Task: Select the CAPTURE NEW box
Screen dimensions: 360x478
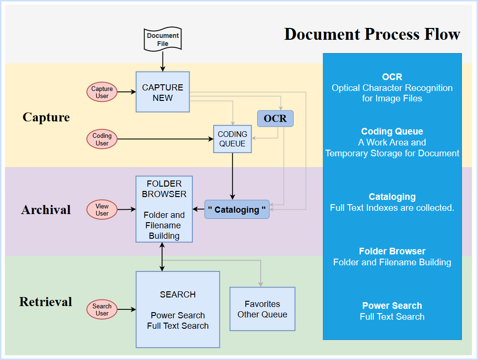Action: click(x=162, y=92)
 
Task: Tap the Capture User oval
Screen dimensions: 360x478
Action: click(x=102, y=92)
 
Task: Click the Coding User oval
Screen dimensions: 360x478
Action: click(x=102, y=139)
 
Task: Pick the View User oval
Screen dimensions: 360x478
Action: click(x=102, y=209)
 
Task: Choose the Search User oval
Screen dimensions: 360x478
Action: click(x=102, y=310)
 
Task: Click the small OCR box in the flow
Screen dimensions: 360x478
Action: click(x=275, y=118)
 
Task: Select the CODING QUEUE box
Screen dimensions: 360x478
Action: click(x=232, y=139)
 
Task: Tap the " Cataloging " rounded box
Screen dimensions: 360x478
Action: click(x=237, y=209)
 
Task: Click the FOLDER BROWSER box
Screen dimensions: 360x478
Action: click(x=164, y=209)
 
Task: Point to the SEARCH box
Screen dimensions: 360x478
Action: click(x=178, y=310)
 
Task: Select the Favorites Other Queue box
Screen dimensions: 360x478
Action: click(x=262, y=309)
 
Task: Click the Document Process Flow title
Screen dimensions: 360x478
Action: click(x=372, y=34)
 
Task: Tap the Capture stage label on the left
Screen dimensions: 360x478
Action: click(x=46, y=117)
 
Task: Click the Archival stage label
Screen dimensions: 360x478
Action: click(x=46, y=209)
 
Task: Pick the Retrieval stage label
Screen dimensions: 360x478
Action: click(x=46, y=302)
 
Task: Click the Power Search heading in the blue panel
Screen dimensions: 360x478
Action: click(x=392, y=306)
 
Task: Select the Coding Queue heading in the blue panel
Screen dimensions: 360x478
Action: click(x=392, y=131)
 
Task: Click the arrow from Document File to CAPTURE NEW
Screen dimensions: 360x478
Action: click(x=162, y=61)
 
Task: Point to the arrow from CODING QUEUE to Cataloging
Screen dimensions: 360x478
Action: click(x=232, y=175)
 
